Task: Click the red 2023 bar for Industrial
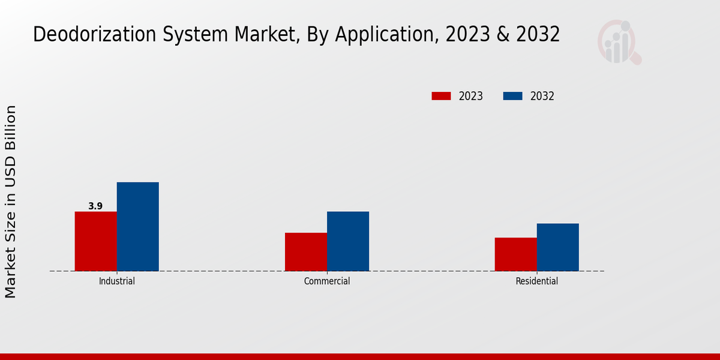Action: (96, 241)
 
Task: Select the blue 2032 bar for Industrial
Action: (138, 226)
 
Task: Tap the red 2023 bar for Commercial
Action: (306, 252)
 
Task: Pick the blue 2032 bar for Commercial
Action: (348, 241)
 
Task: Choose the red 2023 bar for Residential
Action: (516, 254)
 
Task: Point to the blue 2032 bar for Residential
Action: (558, 247)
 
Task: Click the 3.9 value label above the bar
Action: (95, 206)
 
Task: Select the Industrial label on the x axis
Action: (117, 281)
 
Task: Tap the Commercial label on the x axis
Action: (327, 281)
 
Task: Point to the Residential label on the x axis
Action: (537, 281)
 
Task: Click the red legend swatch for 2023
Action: (441, 96)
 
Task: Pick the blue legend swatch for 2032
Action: (512, 96)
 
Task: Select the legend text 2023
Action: (471, 96)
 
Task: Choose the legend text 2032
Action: (542, 96)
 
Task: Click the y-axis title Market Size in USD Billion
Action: (11, 202)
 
